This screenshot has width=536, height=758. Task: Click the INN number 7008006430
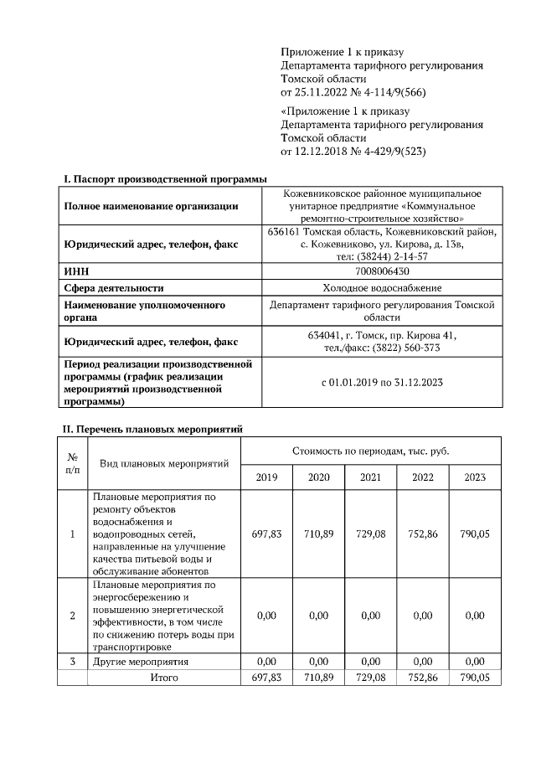(382, 271)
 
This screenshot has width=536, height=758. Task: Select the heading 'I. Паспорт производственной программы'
(166, 179)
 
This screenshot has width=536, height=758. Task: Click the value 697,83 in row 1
(266, 534)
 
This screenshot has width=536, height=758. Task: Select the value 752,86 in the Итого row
(422, 677)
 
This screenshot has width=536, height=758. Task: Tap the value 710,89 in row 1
(318, 534)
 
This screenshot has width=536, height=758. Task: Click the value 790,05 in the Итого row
(474, 677)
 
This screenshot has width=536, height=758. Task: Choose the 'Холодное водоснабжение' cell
(382, 287)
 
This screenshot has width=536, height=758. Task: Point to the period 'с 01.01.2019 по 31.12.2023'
(382, 382)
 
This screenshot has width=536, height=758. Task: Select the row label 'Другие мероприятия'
(140, 662)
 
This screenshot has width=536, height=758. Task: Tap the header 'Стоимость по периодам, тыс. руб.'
(370, 451)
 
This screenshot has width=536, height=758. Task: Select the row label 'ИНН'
(77, 271)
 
